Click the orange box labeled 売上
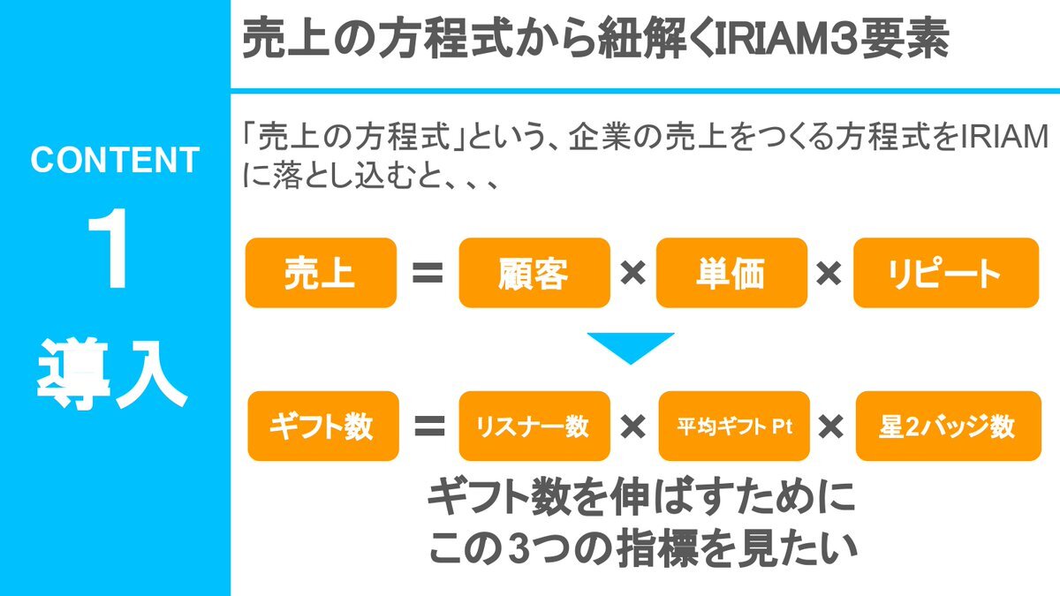tap(321, 273)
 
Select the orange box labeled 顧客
tap(534, 273)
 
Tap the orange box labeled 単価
tap(731, 273)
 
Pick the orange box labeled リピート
tap(946, 273)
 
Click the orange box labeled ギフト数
tap(323, 426)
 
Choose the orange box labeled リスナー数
tap(534, 426)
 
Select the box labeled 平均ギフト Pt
tap(734, 426)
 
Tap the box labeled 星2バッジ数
tap(949, 426)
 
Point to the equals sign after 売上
tap(428, 273)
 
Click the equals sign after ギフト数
tap(429, 426)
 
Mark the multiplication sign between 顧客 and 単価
tap(633, 274)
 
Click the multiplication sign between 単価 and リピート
tap(829, 274)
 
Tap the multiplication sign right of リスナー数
tap(633, 426)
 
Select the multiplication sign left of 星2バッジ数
tap(831, 426)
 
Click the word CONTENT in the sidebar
tap(115, 160)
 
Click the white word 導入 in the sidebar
tap(111, 374)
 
